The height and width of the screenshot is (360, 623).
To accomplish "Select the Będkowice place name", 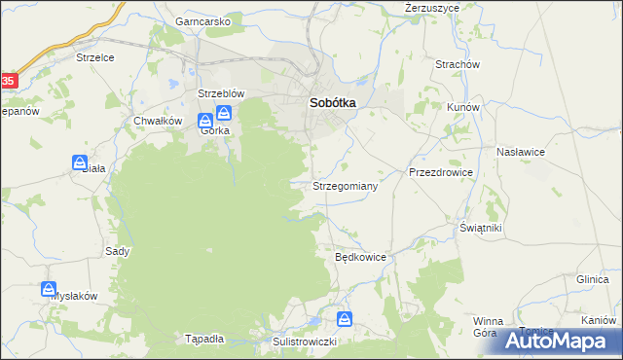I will click(x=361, y=258).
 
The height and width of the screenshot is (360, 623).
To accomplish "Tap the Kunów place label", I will click(x=462, y=107).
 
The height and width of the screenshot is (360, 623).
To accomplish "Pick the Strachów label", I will click(x=458, y=64).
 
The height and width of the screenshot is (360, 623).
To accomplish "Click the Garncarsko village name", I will click(x=202, y=20).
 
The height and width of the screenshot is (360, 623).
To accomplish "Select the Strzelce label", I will click(x=95, y=57).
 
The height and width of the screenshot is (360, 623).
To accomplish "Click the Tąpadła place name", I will click(x=204, y=340).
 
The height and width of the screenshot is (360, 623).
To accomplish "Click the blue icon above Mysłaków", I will click(x=49, y=289).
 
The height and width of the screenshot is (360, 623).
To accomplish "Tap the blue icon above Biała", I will click(x=79, y=162).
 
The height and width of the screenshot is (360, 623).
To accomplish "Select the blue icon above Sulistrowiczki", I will click(x=345, y=318).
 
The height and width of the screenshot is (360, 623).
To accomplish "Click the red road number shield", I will click(x=7, y=80).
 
